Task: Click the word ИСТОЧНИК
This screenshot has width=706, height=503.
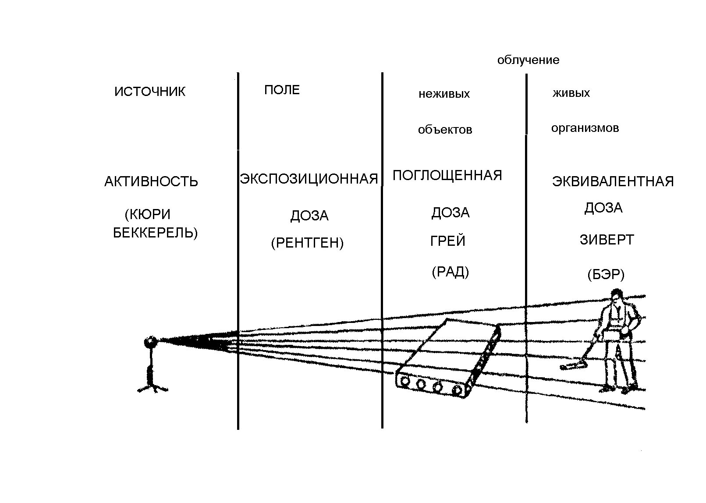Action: (150, 92)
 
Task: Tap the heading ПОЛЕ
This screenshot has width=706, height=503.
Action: (282, 90)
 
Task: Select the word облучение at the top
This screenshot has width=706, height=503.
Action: (528, 60)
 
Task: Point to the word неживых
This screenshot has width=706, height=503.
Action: (444, 94)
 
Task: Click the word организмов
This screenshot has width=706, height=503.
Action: (585, 128)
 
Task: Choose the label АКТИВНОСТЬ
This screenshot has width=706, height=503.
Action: (151, 181)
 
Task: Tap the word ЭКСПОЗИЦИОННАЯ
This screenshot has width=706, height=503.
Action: (309, 179)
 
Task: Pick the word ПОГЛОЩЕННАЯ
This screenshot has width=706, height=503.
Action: (447, 175)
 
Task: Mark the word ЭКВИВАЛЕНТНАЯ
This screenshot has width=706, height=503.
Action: (613, 181)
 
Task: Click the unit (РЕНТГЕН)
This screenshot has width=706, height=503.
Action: (307, 243)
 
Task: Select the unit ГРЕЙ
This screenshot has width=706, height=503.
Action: (447, 241)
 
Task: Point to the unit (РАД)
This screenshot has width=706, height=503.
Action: (450, 272)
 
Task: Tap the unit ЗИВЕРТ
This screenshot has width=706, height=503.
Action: (607, 240)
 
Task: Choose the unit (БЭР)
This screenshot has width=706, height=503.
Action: (606, 275)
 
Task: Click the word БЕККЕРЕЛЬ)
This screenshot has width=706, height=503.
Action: (155, 233)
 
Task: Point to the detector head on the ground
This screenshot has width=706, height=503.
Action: (568, 366)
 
